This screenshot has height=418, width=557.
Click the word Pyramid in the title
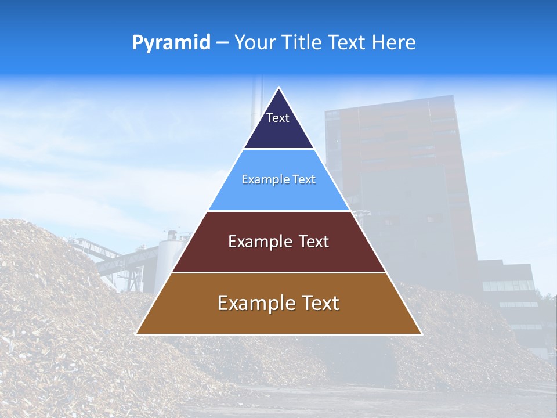point(171,43)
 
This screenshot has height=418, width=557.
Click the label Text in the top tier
point(278,118)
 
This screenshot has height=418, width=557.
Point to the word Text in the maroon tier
point(314,242)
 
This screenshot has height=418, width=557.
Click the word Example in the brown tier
point(254,303)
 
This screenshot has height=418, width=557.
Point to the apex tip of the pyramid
point(279,88)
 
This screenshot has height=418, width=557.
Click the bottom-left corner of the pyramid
point(137,333)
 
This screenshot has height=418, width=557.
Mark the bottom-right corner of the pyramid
point(421,333)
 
